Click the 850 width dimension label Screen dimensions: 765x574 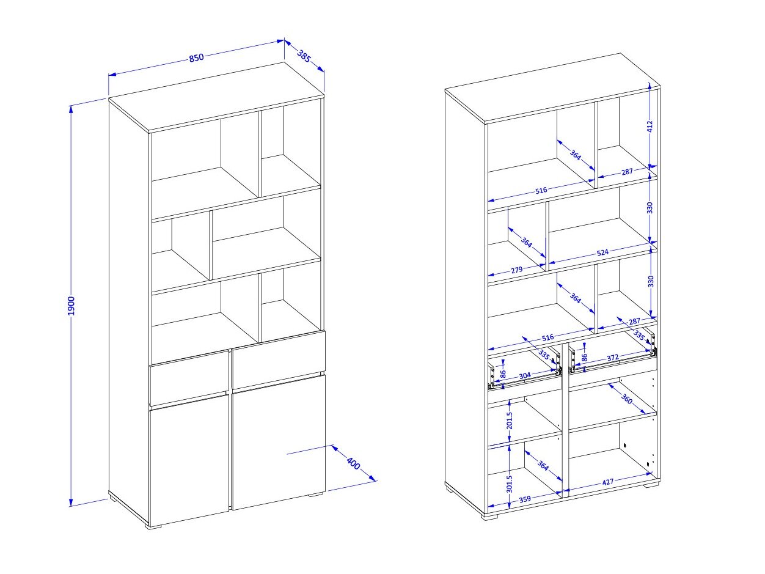tap(196, 57)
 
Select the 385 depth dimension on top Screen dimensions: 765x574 tap(304, 56)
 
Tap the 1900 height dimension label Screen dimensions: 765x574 tap(71, 306)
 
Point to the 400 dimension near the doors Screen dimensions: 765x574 tap(353, 463)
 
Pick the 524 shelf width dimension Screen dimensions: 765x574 tap(602, 252)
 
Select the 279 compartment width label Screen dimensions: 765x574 tap(516, 270)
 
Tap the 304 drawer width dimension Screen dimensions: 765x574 tap(525, 376)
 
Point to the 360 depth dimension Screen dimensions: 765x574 tap(627, 399)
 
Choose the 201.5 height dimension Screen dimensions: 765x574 tap(510, 421)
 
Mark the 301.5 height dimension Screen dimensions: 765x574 tap(510, 484)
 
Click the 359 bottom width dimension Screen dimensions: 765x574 tap(525, 499)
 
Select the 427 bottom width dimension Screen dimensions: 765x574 tap(607, 482)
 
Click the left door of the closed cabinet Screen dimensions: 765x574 tap(189, 460)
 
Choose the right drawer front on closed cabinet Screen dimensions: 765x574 tap(279, 360)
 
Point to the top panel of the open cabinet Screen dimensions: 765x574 tap(552, 88)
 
